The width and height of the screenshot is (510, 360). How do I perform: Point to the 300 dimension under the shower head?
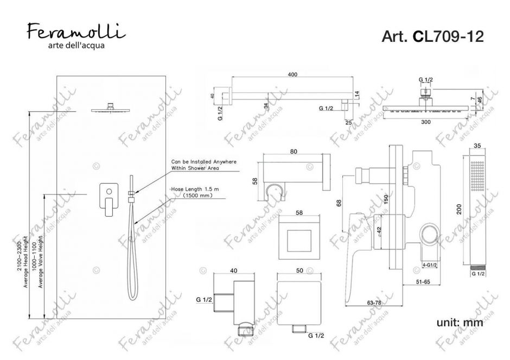coord(426,122)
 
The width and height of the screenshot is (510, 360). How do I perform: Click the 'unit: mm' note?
coord(460,323)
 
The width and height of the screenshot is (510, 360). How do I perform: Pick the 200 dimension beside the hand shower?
coord(460,210)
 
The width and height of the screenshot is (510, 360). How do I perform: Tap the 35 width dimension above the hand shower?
coord(477,146)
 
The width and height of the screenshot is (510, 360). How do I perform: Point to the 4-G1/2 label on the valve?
coord(430,264)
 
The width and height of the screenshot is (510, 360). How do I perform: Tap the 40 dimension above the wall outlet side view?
coord(234,270)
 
